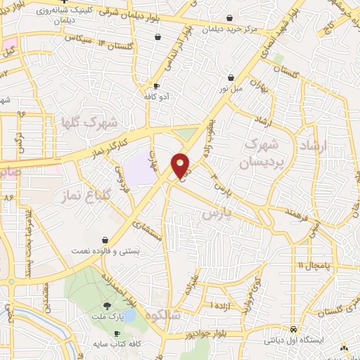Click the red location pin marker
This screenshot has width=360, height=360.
coord(181,166)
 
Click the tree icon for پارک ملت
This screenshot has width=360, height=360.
coord(107,306)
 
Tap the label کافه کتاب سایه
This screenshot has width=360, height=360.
coord(116,344)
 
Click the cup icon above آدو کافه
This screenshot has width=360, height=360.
coord(156,86)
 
